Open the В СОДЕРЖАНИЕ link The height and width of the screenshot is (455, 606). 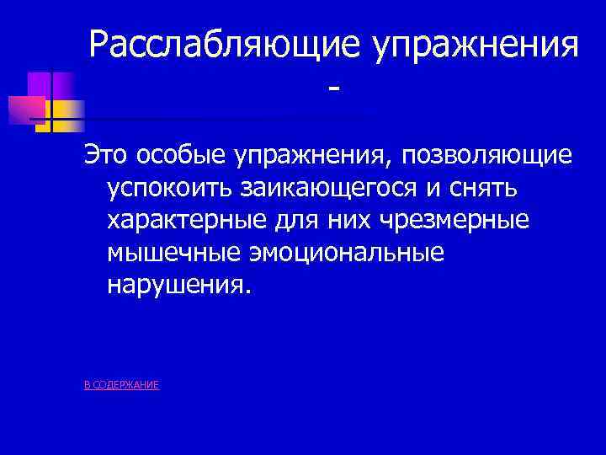click(122, 385)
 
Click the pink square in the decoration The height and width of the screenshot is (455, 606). click(24, 110)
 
